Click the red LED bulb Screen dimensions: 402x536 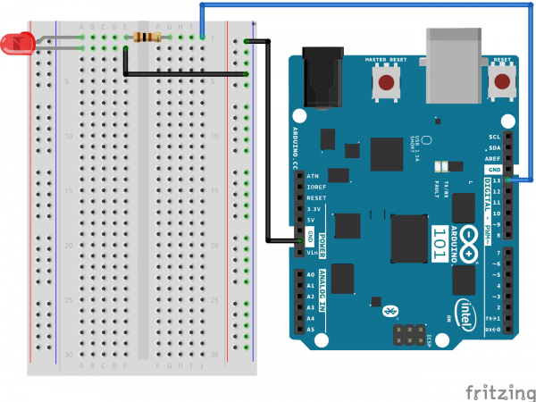tap(16, 42)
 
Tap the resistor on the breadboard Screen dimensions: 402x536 tap(147, 38)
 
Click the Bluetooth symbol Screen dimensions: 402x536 tap(389, 311)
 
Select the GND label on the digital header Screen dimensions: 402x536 tap(493, 169)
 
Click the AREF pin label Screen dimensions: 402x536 tap(492, 158)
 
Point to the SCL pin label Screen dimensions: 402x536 tap(494, 137)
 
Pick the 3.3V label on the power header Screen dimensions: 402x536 tap(313, 208)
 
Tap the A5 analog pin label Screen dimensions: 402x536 tap(310, 330)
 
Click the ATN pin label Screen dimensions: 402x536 tap(312, 176)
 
